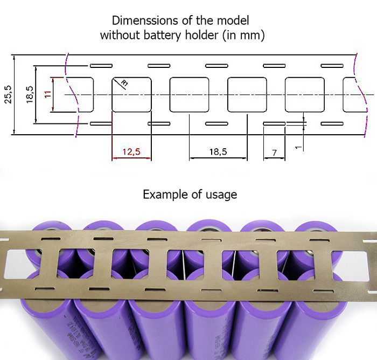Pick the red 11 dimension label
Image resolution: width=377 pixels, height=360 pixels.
point(47,94)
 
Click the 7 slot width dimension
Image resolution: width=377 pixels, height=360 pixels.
point(275,153)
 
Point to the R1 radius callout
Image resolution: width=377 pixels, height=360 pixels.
point(124,84)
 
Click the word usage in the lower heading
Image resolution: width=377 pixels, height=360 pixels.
point(220,195)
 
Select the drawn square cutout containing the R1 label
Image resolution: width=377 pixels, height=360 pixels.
point(131,94)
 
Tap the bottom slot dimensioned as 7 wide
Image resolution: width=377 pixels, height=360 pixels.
point(274,124)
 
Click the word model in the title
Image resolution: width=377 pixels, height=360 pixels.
point(235,21)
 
